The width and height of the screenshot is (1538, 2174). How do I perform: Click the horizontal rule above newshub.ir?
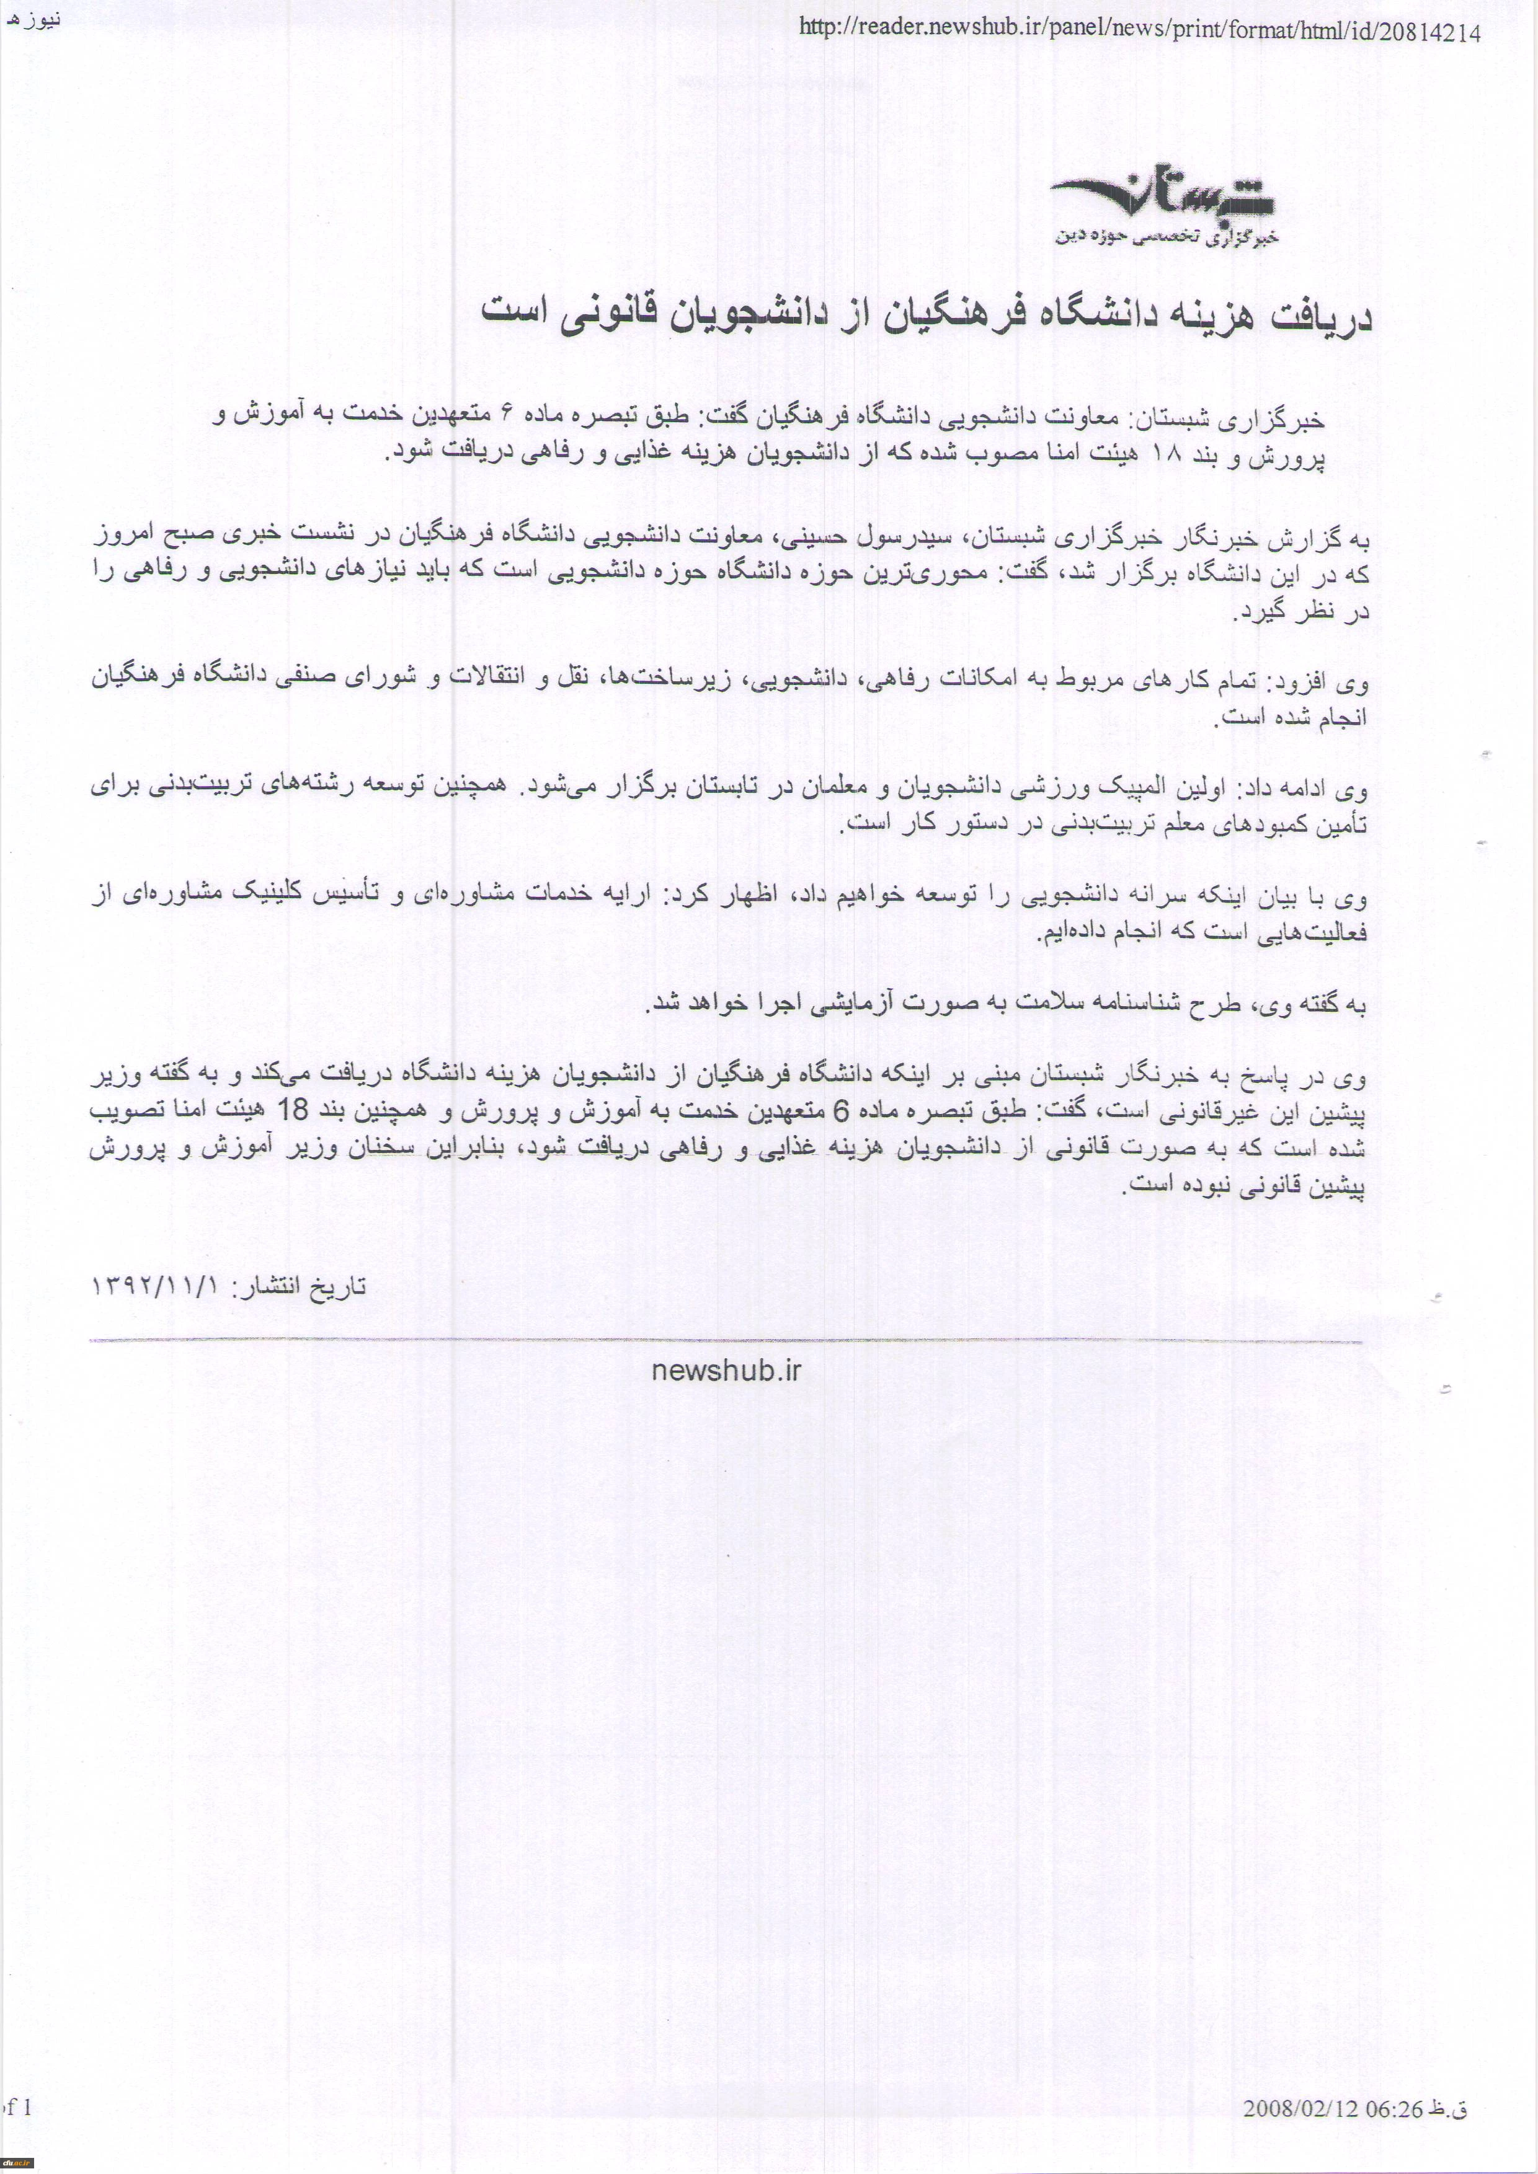[726, 1341]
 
